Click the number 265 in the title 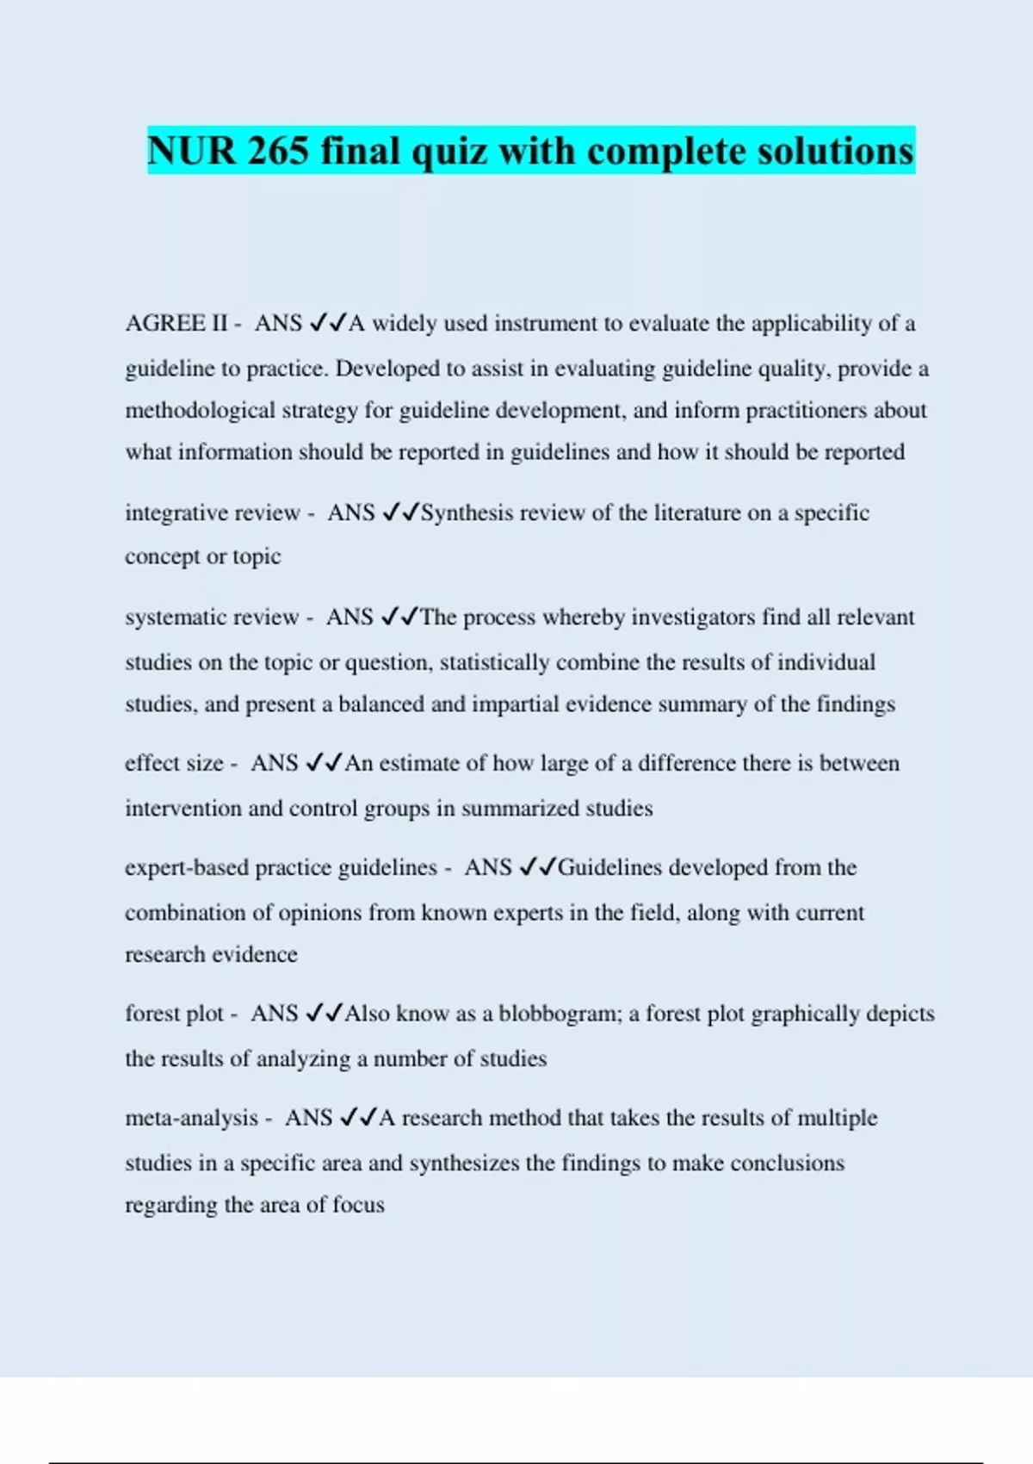tap(277, 152)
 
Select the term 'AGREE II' tap(176, 323)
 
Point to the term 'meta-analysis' tap(191, 1118)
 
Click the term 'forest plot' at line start tap(175, 1014)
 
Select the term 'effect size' tap(174, 763)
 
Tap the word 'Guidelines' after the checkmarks tap(610, 867)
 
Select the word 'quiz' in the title tap(448, 152)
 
